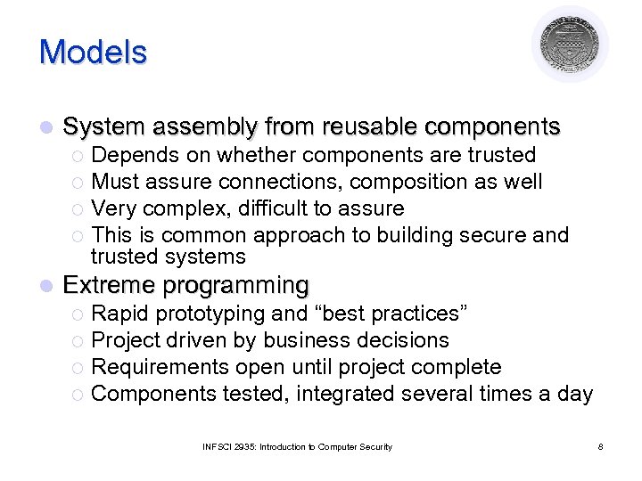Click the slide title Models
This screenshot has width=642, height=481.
coord(93,52)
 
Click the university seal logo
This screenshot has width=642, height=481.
coord(570,45)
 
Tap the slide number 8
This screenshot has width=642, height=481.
coord(600,446)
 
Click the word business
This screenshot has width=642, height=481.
coord(305,340)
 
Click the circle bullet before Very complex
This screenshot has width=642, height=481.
coord(80,209)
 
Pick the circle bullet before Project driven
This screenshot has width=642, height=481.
coord(80,341)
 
